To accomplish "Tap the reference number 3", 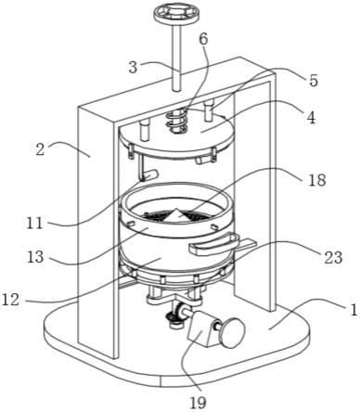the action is (x=134, y=68).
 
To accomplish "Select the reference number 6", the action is (x=203, y=39).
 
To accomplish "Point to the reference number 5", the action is (x=313, y=81).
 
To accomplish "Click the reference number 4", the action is (x=311, y=118).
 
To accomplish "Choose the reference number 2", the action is (x=40, y=149).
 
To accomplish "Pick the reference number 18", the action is (x=316, y=180).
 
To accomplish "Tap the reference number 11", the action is (x=34, y=224).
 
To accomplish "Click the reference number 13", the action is (x=35, y=257).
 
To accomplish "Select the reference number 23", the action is (x=333, y=257).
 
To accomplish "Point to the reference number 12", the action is (x=11, y=300).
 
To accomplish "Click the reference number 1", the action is (x=354, y=310).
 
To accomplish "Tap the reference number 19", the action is (x=198, y=402).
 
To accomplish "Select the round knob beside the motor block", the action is (x=232, y=333).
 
